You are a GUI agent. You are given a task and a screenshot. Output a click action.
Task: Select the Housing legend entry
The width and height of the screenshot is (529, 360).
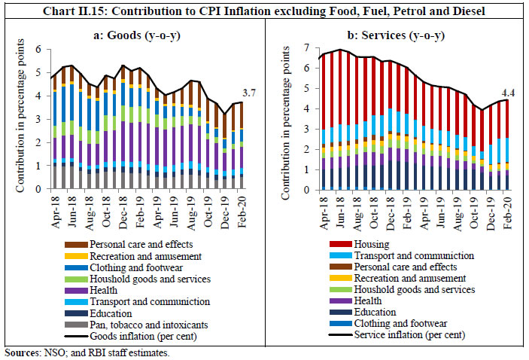coord(356,243)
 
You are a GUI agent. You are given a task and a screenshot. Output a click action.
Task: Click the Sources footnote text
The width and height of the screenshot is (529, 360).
coord(87,352)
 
